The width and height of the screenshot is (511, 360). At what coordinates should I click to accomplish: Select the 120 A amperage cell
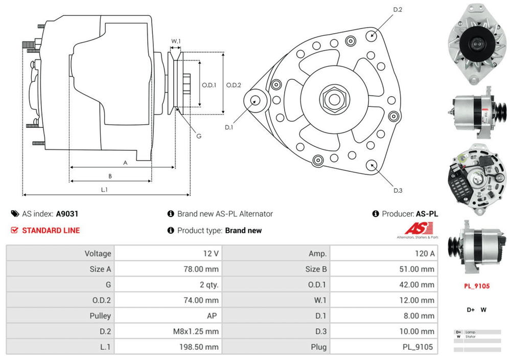[x=425, y=254]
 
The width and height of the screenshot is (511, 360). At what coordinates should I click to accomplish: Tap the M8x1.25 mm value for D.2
[x=196, y=331]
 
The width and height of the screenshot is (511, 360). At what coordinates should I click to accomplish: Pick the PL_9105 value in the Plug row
[x=418, y=347]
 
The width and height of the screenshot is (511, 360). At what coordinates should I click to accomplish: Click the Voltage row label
[x=98, y=254]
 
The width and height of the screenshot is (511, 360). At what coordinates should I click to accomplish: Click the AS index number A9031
[x=67, y=214]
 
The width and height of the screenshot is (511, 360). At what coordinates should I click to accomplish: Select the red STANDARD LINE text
[x=51, y=231]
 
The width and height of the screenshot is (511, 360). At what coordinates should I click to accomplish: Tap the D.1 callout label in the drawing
[x=228, y=127]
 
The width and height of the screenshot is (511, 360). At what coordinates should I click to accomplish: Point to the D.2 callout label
[x=398, y=10]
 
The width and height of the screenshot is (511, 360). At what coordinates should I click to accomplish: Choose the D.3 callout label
[x=398, y=191]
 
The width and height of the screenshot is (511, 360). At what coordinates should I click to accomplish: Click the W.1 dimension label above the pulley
[x=176, y=41]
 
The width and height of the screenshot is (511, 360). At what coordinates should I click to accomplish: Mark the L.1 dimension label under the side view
[x=104, y=190]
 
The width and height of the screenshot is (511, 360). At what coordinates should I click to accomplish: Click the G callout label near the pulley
[x=199, y=136]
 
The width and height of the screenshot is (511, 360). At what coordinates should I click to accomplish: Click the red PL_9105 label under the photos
[x=477, y=286]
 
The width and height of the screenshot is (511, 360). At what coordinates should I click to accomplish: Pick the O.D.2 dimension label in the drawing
[x=234, y=85]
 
